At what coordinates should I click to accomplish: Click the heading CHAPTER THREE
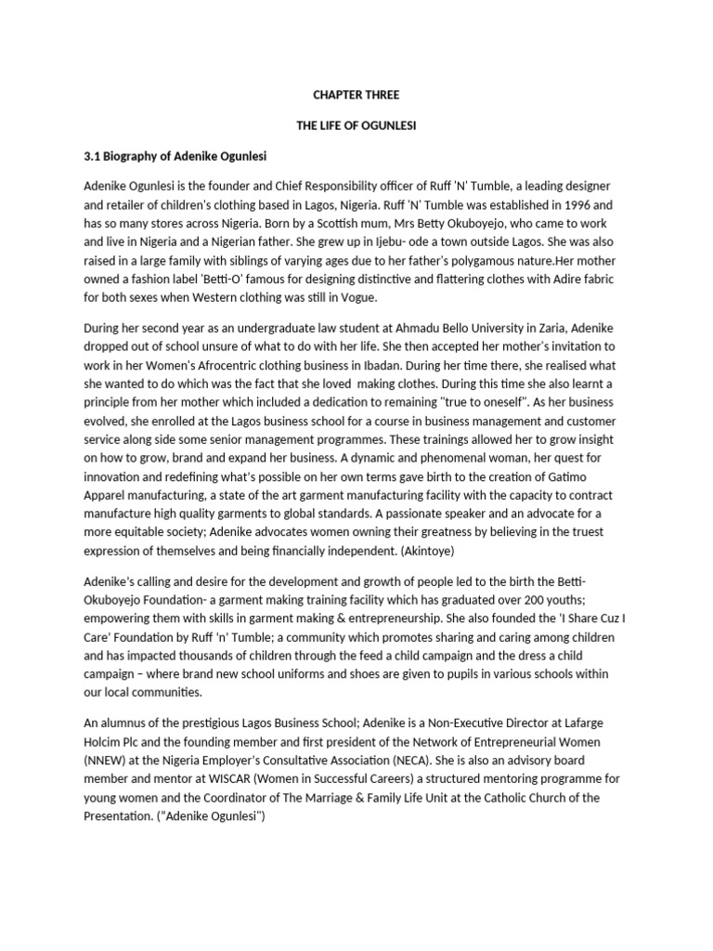[356, 95]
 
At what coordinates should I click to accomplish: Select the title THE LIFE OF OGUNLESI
[356, 124]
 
